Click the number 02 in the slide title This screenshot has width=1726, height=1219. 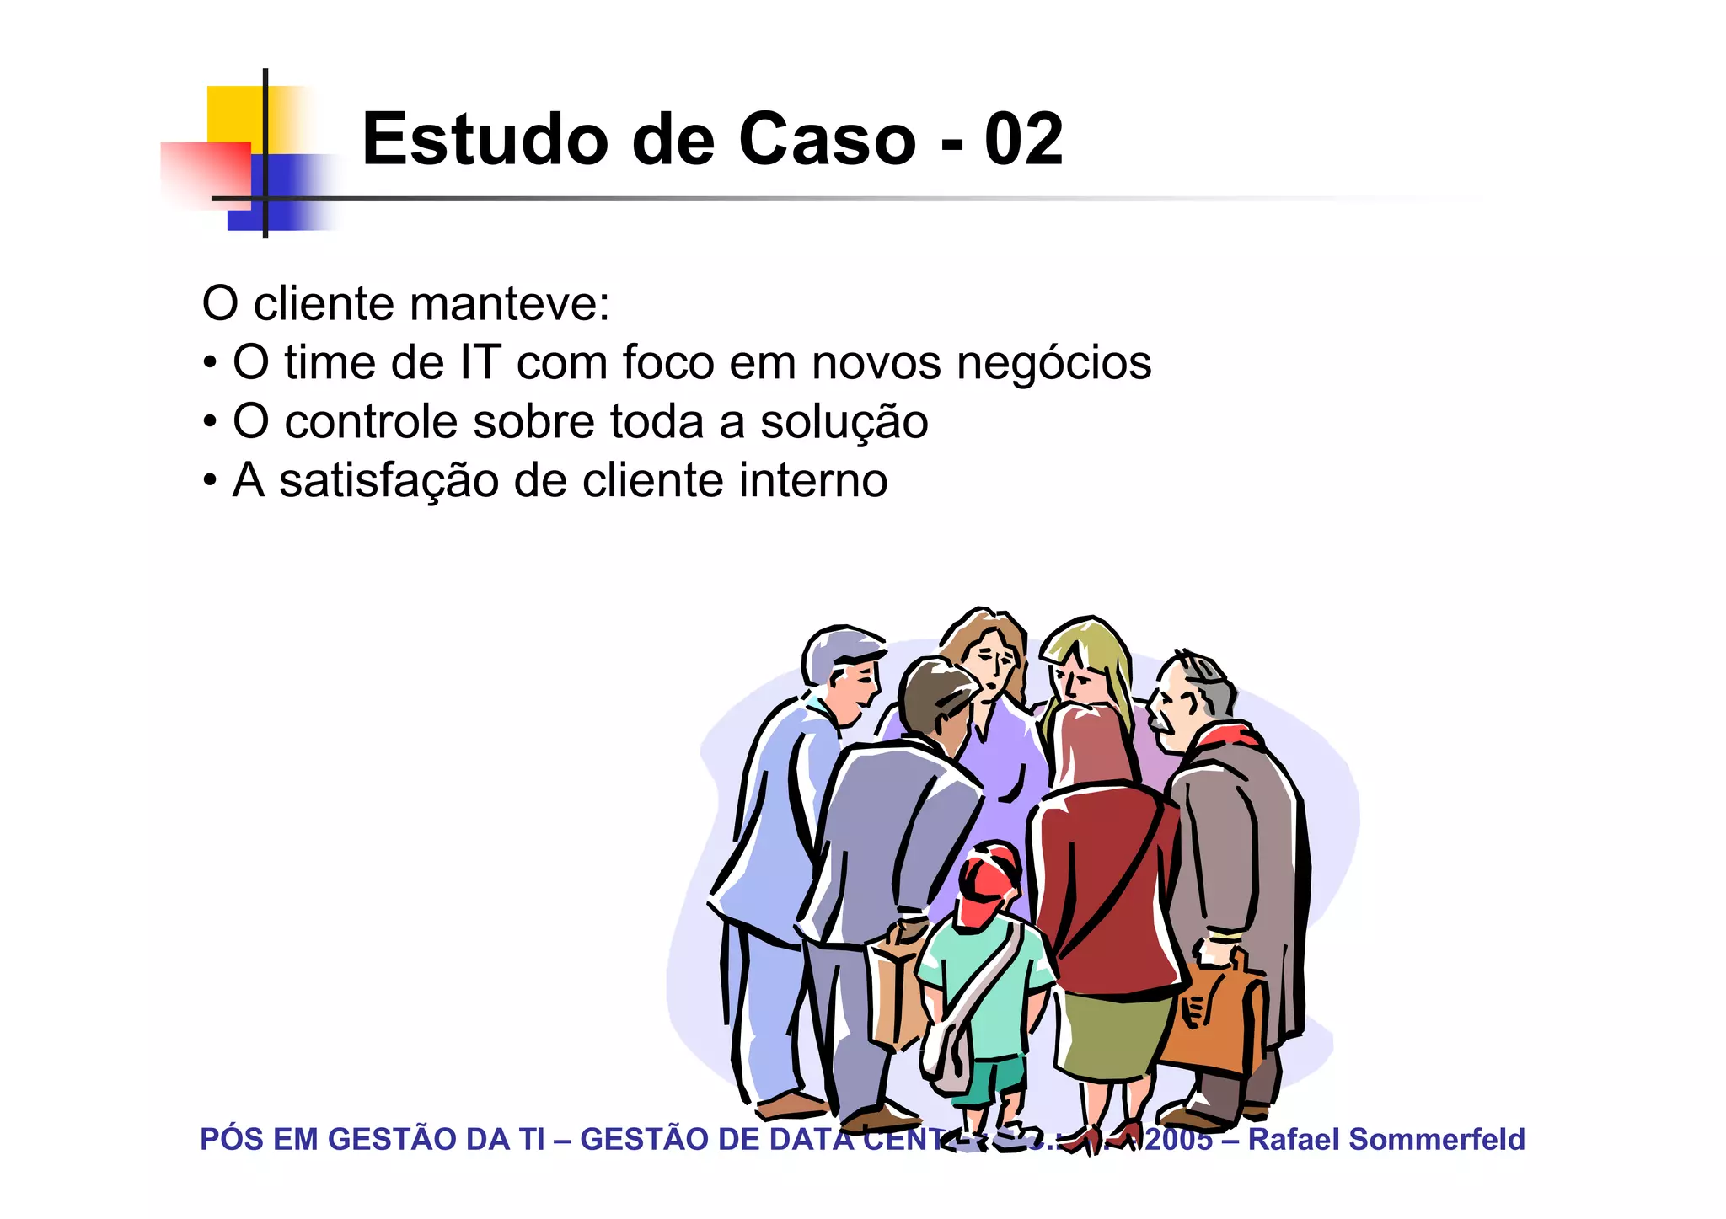click(1023, 139)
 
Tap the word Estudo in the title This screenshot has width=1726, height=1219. click(485, 139)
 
